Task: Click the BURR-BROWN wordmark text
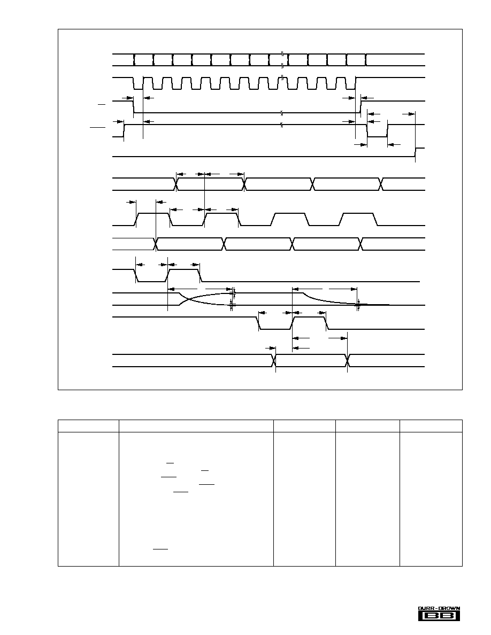pyautogui.click(x=439, y=608)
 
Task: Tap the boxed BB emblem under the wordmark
pyautogui.click(x=439, y=616)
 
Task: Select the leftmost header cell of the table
pyautogui.click(x=88, y=426)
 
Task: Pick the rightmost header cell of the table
pyautogui.click(x=431, y=426)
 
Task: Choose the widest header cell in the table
pyautogui.click(x=196, y=426)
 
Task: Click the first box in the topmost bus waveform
pyautogui.click(x=143, y=59)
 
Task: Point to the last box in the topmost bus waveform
pyautogui.click(x=357, y=59)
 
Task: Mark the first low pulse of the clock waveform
pyautogui.click(x=139, y=83)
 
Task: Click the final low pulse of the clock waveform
pyautogui.click(x=351, y=83)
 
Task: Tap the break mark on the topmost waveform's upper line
pyautogui.click(x=282, y=53)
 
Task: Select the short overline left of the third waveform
pyautogui.click(x=101, y=104)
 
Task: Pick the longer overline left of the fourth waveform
pyautogui.click(x=97, y=128)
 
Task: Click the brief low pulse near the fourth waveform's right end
pyautogui.click(x=378, y=131)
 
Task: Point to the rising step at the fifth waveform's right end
pyautogui.click(x=416, y=152)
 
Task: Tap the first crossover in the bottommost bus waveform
pyautogui.click(x=275, y=360)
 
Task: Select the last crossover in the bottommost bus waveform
pyautogui.click(x=348, y=360)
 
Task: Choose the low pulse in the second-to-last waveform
pyautogui.click(x=275, y=323)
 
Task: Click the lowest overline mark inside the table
pyautogui.click(x=160, y=549)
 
